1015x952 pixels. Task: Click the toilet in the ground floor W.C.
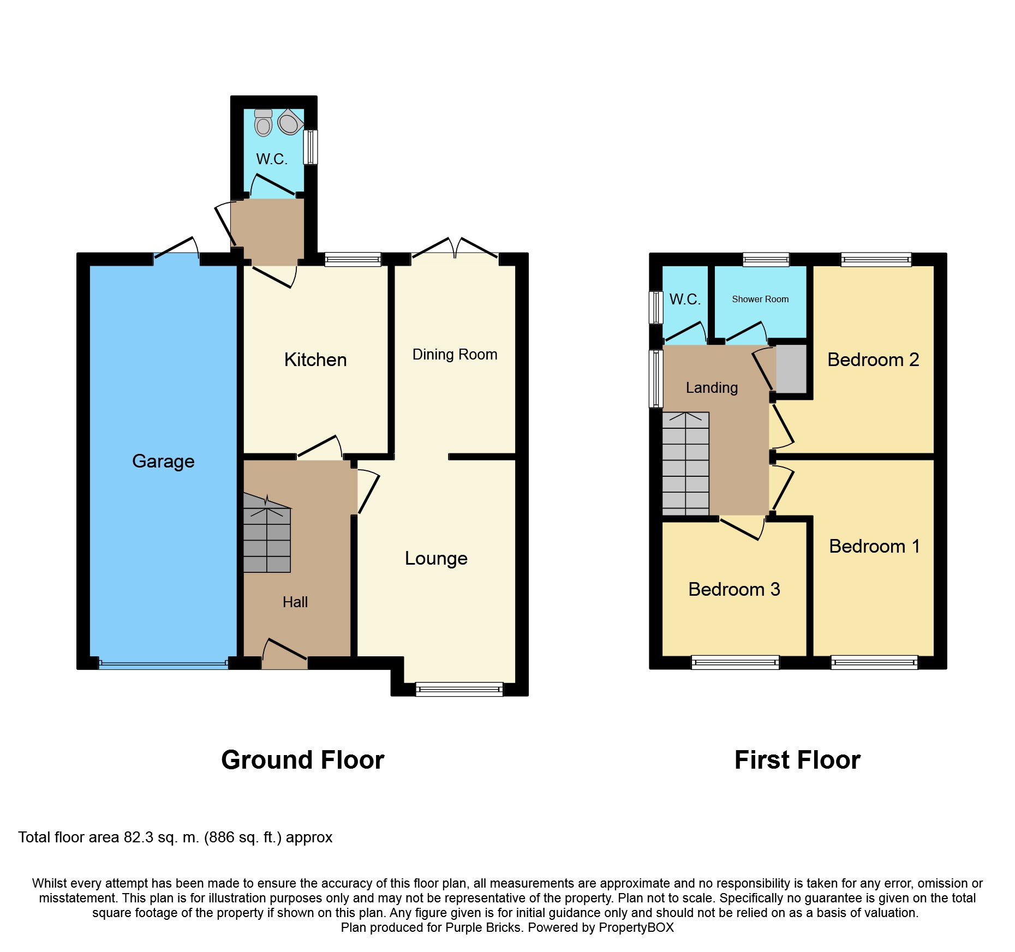click(264, 123)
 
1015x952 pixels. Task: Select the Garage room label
click(163, 461)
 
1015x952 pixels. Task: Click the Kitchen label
click(315, 360)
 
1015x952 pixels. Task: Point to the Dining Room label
click(455, 355)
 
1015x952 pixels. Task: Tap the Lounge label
click(436, 558)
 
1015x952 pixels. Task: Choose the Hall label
click(295, 602)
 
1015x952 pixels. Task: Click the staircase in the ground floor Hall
click(267, 537)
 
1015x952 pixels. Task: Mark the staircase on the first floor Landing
click(685, 464)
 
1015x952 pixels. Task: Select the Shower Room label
click(760, 299)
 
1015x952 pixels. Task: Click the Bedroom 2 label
click(873, 360)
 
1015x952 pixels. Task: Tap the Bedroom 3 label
click(734, 589)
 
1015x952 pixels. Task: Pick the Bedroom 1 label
click(874, 546)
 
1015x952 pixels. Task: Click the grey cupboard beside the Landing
click(791, 368)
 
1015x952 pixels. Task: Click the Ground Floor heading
click(303, 760)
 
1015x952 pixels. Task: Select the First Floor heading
click(797, 760)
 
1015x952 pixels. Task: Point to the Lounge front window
click(459, 690)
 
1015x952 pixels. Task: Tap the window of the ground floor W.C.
click(311, 147)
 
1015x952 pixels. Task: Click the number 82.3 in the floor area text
click(139, 837)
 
